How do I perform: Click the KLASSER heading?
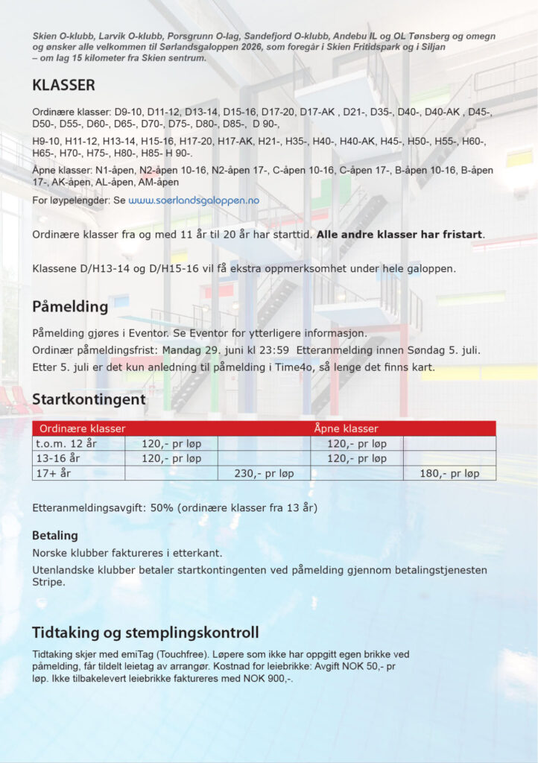click(63, 85)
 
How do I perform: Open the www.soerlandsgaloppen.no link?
click(193, 200)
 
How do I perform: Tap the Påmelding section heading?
click(70, 306)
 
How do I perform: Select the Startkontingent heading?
click(89, 399)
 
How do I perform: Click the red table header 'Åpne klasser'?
click(346, 428)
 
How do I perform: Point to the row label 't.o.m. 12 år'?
click(66, 443)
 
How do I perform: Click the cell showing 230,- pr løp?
click(265, 473)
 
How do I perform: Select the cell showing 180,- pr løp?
click(450, 473)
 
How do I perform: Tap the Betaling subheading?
click(55, 535)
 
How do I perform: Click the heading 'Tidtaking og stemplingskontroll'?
click(145, 633)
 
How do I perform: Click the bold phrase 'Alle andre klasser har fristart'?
click(399, 235)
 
